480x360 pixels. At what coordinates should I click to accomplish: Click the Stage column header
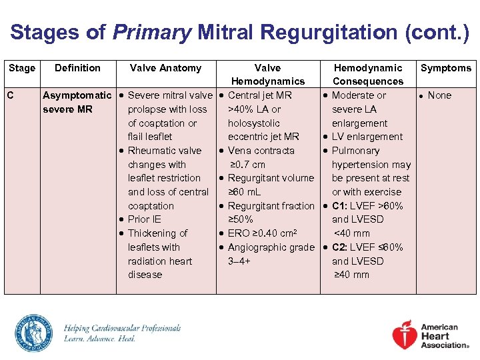coord(22,68)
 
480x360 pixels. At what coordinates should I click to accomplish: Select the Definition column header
coord(77,68)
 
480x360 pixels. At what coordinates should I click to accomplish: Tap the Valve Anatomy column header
coord(165,68)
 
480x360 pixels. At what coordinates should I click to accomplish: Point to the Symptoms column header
coord(446,68)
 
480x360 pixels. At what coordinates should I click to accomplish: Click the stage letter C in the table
coord(11,95)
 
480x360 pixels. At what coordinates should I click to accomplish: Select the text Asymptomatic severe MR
coord(77,102)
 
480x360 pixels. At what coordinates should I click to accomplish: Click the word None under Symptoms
coord(439,95)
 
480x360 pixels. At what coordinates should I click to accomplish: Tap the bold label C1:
coord(343,206)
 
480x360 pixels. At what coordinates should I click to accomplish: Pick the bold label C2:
coord(343,247)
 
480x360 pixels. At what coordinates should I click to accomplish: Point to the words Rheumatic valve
coord(164,151)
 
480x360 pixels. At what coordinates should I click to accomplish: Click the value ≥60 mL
coord(247,192)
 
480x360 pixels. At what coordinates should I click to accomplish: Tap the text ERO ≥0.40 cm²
coord(261,233)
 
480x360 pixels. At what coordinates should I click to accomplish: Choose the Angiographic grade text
coord(271,247)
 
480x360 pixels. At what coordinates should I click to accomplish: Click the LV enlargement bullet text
coord(367,137)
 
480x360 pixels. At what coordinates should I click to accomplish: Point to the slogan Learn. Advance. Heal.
coord(99,339)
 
